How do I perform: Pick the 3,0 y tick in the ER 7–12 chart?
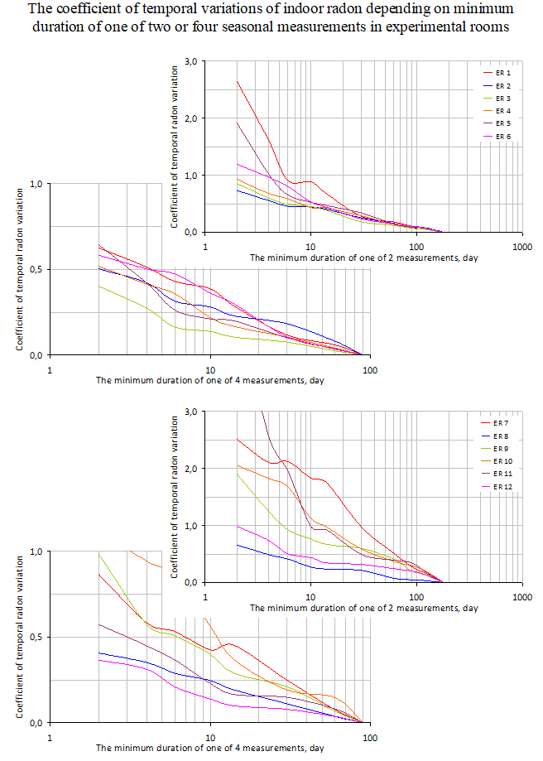click(x=191, y=412)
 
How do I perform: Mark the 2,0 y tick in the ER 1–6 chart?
click(x=191, y=118)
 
